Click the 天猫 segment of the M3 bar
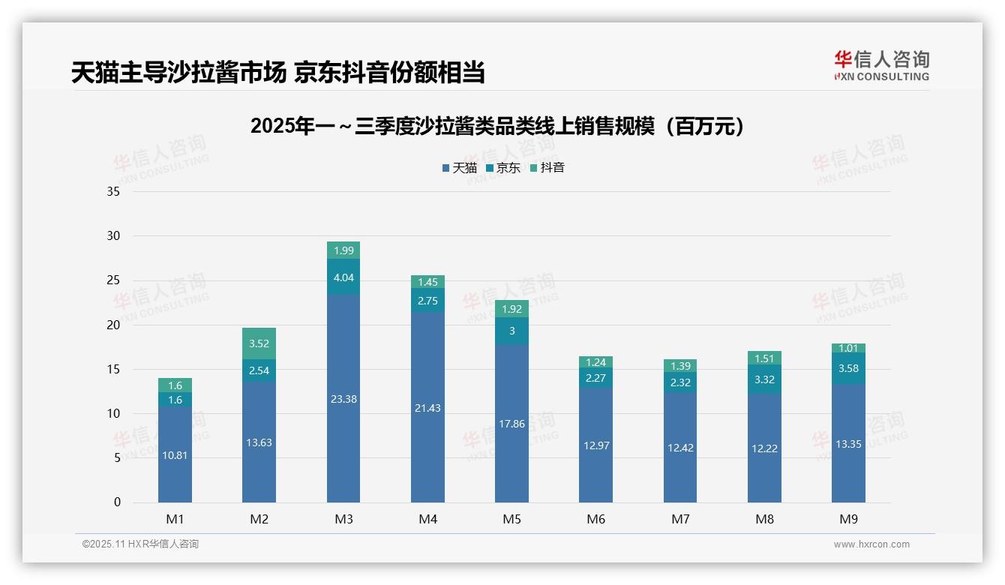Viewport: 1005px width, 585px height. pyautogui.click(x=343, y=398)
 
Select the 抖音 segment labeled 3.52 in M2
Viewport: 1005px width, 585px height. pyautogui.click(x=259, y=343)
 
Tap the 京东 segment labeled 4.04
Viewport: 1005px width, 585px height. pyautogui.click(x=343, y=277)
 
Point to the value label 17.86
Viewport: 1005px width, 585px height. pyautogui.click(x=511, y=424)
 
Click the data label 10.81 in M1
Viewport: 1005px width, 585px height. pyautogui.click(x=175, y=454)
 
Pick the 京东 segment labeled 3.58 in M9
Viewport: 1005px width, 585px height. pyautogui.click(x=848, y=368)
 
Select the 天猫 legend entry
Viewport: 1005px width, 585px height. pyautogui.click(x=459, y=168)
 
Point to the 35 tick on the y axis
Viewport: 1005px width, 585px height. pyautogui.click(x=113, y=191)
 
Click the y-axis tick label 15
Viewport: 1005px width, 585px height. pyautogui.click(x=113, y=369)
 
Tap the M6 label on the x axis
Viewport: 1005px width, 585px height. pyautogui.click(x=596, y=519)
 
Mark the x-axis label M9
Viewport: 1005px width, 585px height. pyautogui.click(x=848, y=519)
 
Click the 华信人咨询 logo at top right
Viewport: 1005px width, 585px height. pyautogui.click(x=881, y=66)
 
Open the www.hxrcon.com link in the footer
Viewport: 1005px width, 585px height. pyautogui.click(x=871, y=544)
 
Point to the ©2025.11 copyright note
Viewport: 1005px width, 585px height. pyautogui.click(x=140, y=544)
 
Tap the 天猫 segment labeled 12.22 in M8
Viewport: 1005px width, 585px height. pyautogui.click(x=764, y=448)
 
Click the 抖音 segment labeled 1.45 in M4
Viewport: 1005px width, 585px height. pyautogui.click(x=427, y=282)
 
